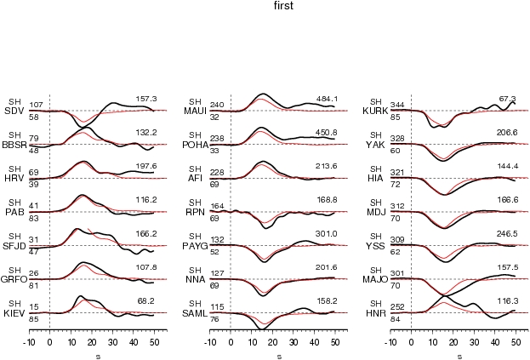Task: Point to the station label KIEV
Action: (14, 313)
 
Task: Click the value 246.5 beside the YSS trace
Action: (507, 233)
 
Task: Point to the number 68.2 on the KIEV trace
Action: (147, 300)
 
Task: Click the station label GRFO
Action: (14, 279)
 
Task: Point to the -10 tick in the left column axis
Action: (28, 340)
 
